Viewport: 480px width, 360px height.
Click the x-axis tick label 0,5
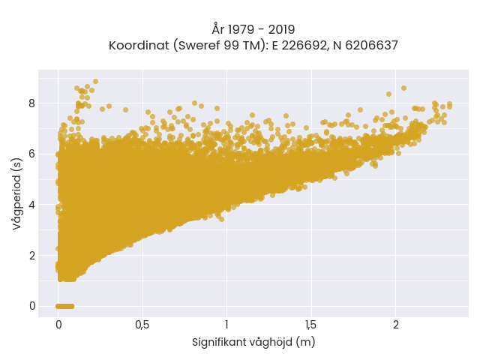click(142, 325)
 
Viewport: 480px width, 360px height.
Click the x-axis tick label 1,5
click(311, 325)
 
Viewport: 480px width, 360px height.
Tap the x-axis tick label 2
click(396, 325)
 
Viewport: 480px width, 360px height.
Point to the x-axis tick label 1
click(226, 325)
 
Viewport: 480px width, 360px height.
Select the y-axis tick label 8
click(31, 103)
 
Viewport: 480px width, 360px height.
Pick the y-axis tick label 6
click(31, 154)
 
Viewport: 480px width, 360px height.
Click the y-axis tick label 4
click(31, 205)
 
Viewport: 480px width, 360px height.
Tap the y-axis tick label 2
click(31, 255)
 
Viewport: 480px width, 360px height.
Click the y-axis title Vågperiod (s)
click(17, 193)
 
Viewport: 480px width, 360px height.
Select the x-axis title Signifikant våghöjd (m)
click(253, 342)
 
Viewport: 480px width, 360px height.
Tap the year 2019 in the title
click(281, 30)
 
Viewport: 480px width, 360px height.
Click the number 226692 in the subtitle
click(304, 45)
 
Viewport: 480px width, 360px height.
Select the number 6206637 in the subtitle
click(372, 45)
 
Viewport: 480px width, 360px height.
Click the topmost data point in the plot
click(95, 82)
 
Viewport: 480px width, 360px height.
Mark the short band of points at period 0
click(65, 306)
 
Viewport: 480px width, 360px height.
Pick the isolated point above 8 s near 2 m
click(403, 88)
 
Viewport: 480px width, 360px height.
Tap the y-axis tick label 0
click(31, 306)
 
